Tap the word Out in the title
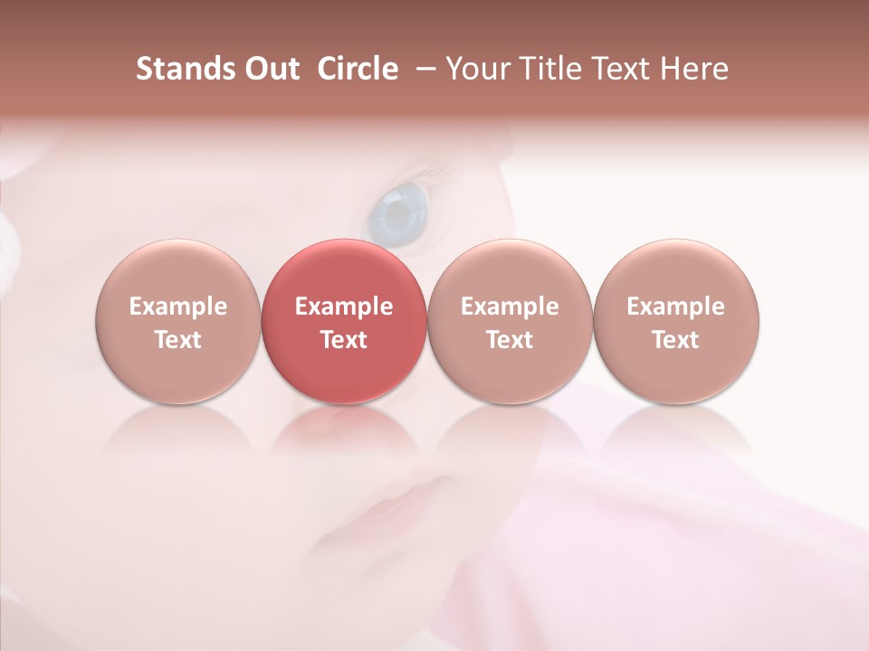point(269,69)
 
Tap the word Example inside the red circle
point(344,307)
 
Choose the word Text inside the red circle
point(344,340)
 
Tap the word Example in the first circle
point(177,307)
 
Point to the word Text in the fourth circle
point(676,340)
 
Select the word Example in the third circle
point(510,307)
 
